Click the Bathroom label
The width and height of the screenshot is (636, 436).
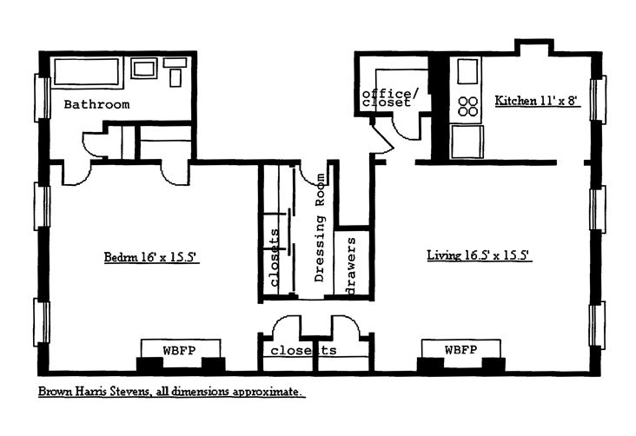(97, 104)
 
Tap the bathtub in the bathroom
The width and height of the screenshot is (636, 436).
(86, 72)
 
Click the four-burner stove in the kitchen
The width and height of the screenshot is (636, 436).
(467, 106)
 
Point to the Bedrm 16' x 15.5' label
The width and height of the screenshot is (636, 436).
(150, 257)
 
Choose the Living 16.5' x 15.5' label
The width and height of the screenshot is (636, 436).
(479, 254)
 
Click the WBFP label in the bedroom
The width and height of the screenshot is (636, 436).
(179, 350)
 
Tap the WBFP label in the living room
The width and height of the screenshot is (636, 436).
(460, 349)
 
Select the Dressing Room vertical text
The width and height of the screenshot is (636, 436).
(320, 228)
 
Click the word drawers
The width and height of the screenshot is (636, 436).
(350, 266)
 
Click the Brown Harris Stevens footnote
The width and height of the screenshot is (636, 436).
(170, 392)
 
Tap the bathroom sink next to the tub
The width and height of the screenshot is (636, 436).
(143, 69)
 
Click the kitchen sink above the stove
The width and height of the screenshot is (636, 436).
(467, 71)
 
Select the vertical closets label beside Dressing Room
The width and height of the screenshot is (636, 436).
(275, 258)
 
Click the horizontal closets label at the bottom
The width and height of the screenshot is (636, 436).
(303, 350)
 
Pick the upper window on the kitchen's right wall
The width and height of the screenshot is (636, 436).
(598, 99)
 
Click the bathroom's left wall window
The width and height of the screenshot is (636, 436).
(42, 98)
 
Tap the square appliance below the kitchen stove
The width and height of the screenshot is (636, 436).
(467, 142)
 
